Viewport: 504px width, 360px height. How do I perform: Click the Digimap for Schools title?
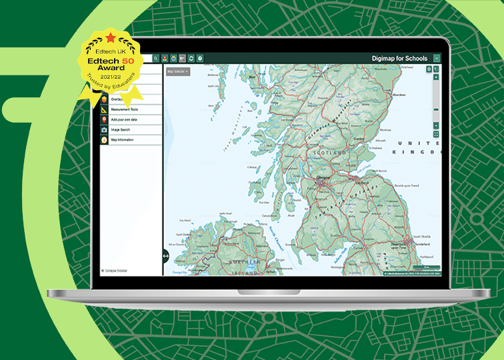point(399,59)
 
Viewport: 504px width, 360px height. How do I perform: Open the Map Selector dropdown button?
point(177,71)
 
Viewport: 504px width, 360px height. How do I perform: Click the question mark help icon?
point(200,59)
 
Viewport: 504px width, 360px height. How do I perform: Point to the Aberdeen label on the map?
point(399,95)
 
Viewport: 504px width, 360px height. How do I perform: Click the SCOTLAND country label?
point(333,153)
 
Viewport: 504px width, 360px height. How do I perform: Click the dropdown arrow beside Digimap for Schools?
point(437,59)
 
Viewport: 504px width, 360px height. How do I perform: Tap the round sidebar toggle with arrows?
point(165,255)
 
